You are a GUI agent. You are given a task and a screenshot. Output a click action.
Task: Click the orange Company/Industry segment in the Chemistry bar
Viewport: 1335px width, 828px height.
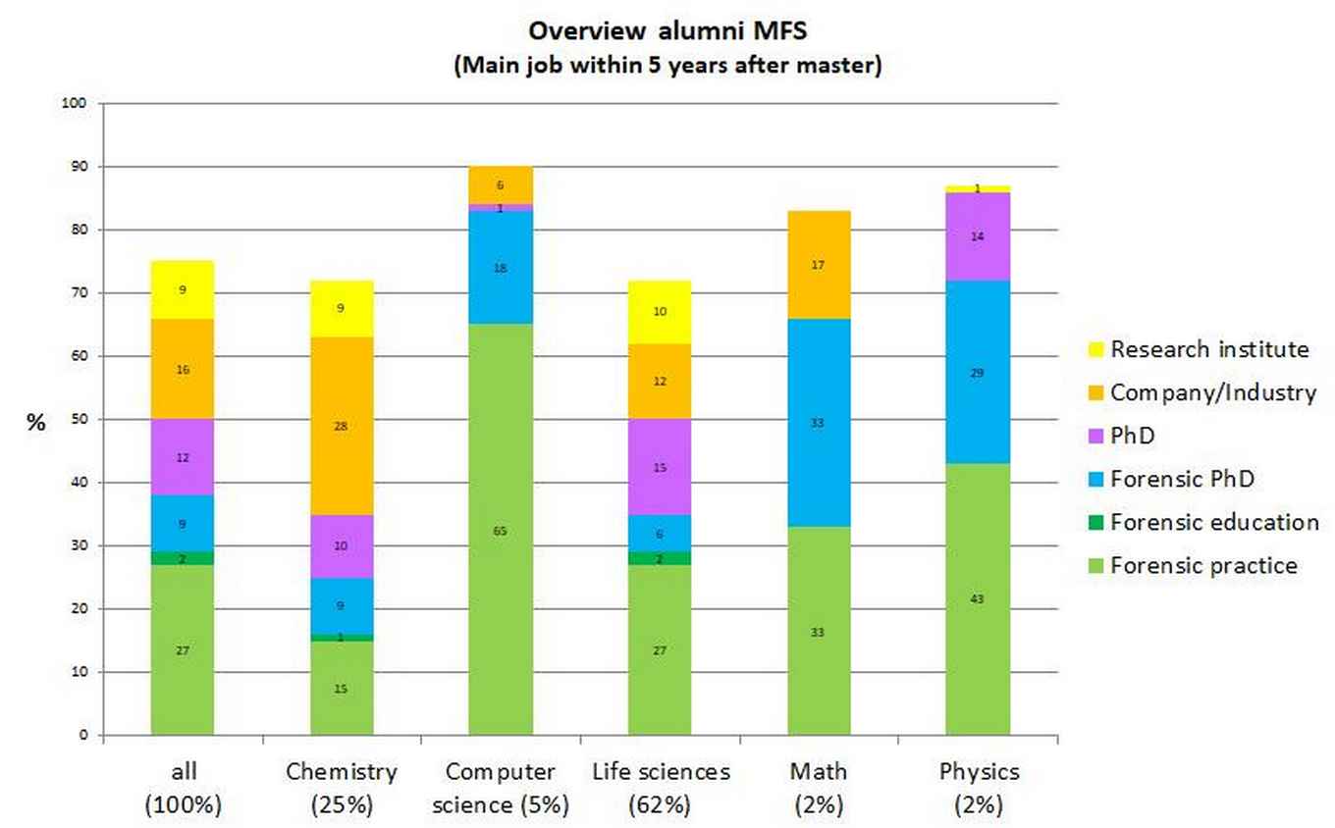[342, 427]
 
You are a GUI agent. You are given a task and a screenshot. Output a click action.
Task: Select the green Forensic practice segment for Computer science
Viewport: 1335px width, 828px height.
[501, 530]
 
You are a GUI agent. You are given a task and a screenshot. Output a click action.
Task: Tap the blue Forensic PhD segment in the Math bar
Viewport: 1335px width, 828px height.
[819, 423]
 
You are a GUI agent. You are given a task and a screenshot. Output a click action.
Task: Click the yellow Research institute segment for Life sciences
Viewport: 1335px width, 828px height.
[660, 311]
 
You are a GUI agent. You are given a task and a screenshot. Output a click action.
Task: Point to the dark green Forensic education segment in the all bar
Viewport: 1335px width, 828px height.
[183, 558]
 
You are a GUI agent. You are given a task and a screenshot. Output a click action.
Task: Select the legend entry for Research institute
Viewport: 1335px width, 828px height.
[1209, 349]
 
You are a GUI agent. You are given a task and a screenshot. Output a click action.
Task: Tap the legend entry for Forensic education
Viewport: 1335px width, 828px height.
[1214, 522]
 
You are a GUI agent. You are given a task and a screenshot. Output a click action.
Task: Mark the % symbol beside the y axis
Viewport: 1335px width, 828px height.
[36, 424]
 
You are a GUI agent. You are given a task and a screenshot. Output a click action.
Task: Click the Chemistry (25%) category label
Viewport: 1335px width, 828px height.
[342, 788]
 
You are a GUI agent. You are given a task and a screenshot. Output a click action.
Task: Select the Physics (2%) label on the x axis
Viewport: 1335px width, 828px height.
[978, 788]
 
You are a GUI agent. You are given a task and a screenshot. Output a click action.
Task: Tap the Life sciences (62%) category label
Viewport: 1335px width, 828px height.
[661, 788]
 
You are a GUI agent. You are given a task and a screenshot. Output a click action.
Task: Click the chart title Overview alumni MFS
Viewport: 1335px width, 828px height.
[667, 31]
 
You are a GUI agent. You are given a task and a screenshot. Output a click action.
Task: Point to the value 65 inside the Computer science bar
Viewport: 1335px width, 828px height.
[501, 531]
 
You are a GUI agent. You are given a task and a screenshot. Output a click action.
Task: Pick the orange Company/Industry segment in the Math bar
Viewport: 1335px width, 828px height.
[819, 265]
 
